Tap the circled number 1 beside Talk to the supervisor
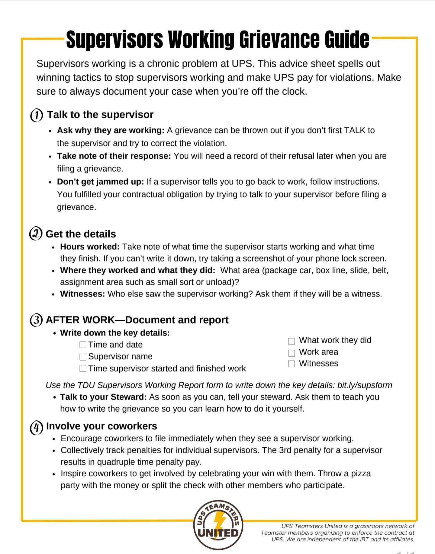(37, 115)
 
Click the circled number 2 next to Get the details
(36, 234)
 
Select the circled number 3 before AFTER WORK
(36, 320)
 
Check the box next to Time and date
(83, 345)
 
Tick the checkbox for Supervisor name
(83, 357)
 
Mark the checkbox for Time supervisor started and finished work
(83, 368)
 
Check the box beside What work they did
(291, 341)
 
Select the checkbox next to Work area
(291, 353)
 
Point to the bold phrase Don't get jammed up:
(101, 182)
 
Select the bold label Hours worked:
(90, 247)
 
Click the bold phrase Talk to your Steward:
(103, 397)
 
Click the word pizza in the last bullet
(360, 473)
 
